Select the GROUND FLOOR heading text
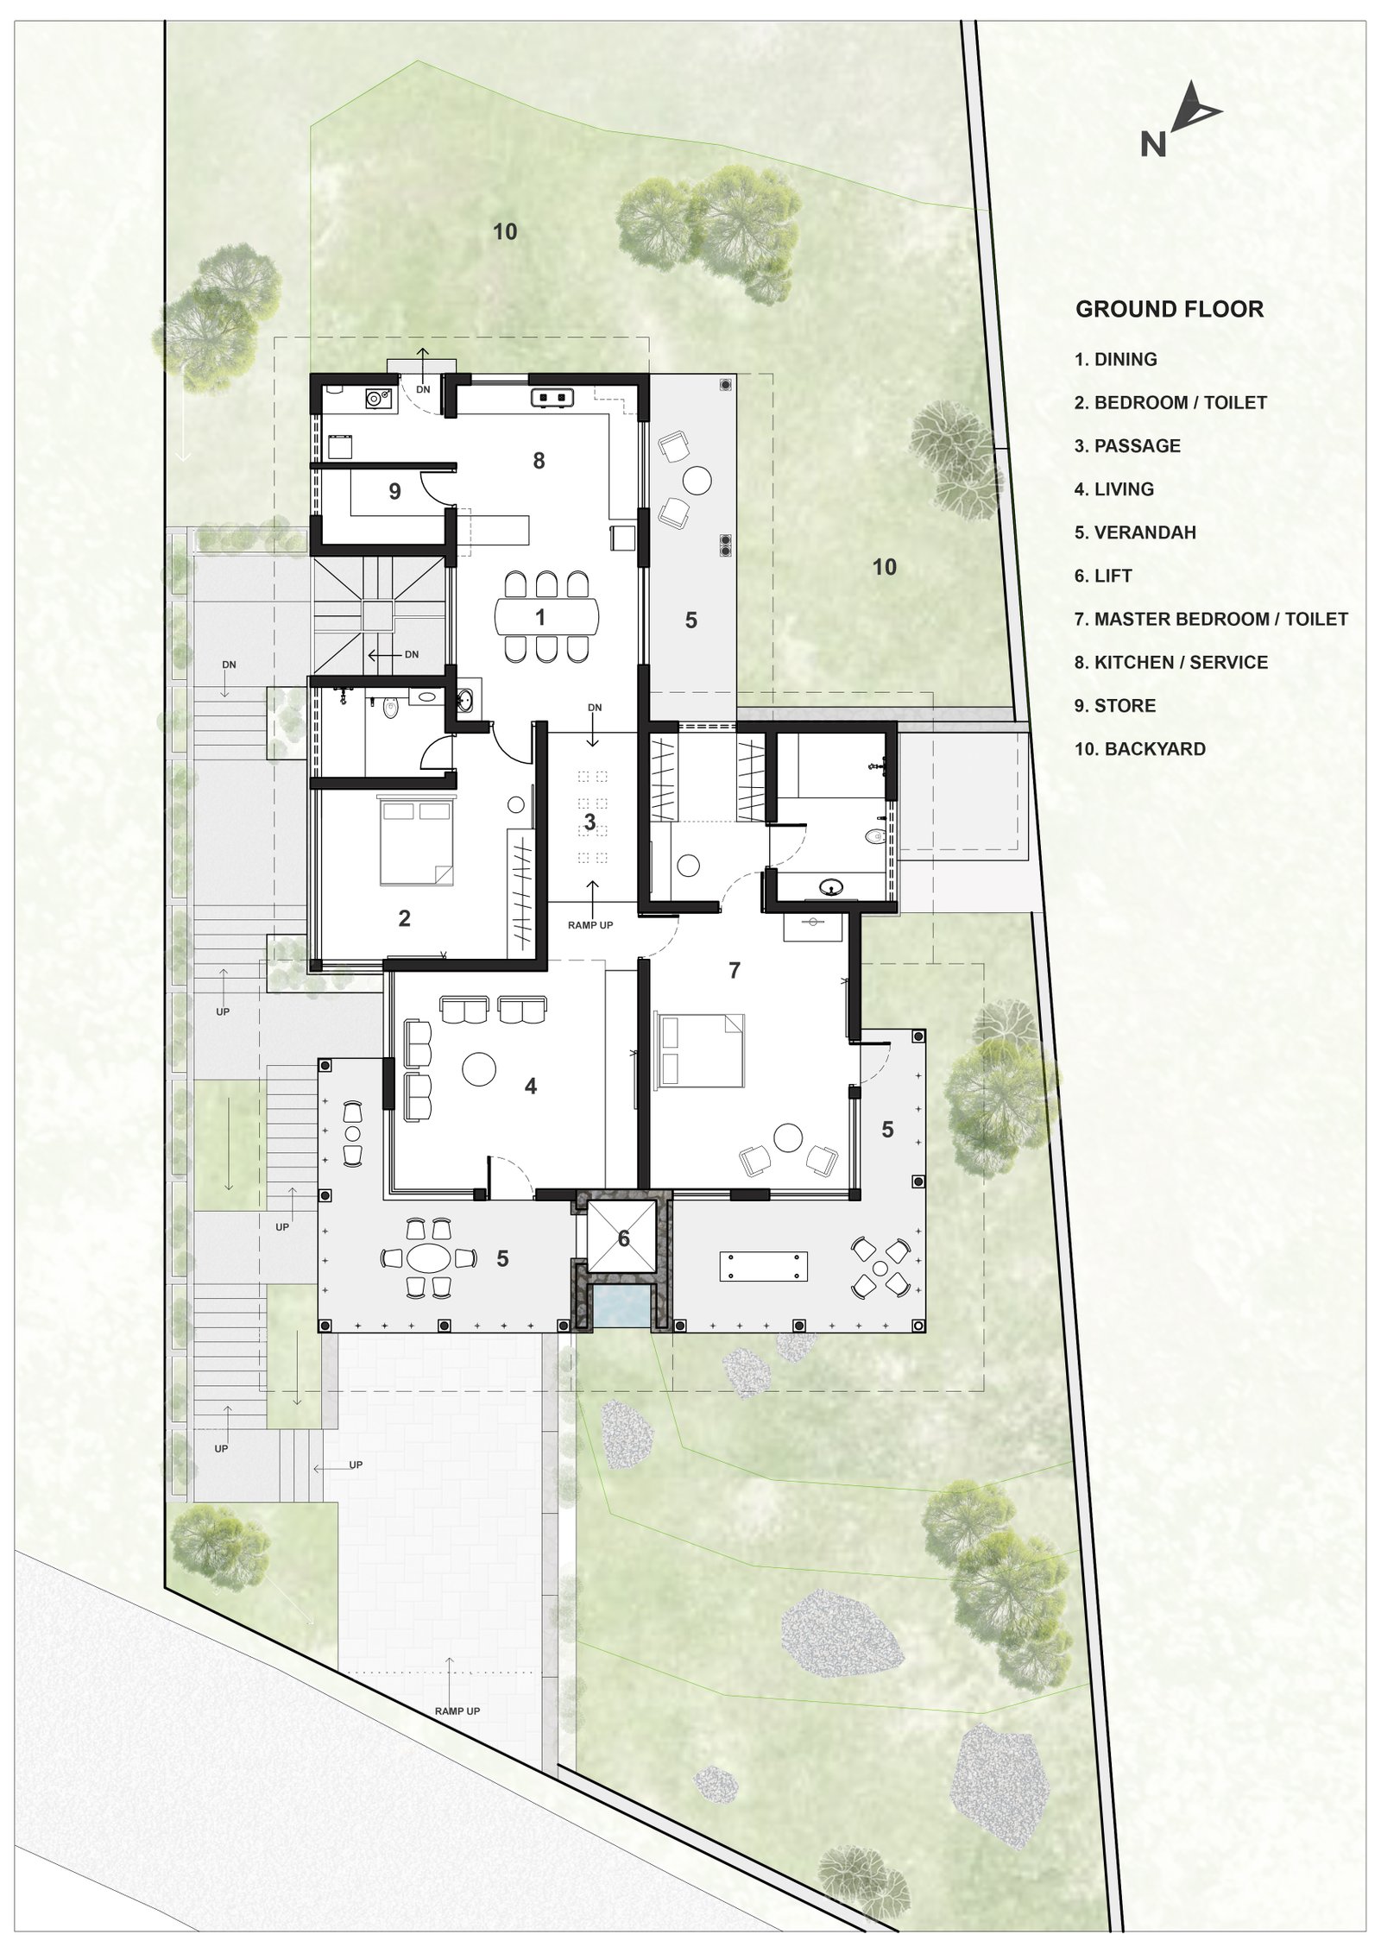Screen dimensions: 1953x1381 tap(1169, 309)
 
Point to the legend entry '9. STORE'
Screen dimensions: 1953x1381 tap(1114, 705)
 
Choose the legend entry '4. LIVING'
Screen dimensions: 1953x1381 tap(1113, 489)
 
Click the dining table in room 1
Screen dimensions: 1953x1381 tap(545, 616)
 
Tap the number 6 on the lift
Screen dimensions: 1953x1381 tap(624, 1239)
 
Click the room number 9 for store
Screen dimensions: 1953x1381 tap(394, 492)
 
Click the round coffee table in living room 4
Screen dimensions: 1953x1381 tap(479, 1069)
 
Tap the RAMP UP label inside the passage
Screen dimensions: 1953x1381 tap(590, 925)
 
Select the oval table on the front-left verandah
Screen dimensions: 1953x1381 tap(429, 1257)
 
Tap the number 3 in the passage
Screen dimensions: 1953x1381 tap(590, 822)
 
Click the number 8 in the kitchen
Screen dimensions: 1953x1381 tap(539, 461)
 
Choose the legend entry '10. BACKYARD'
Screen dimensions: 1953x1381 tap(1139, 748)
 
